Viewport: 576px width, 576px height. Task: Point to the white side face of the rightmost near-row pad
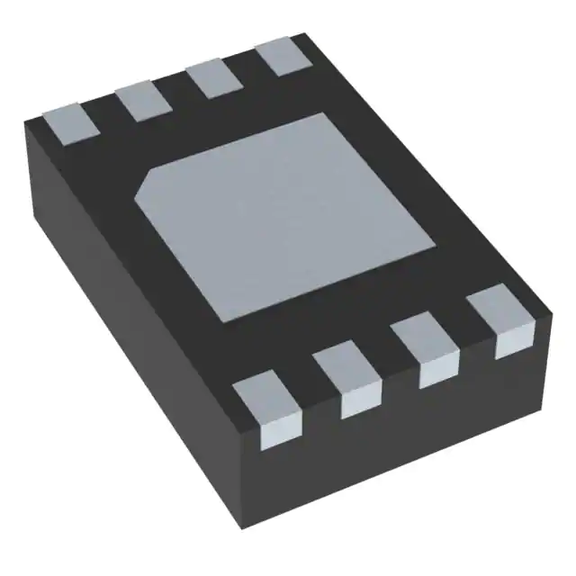tap(513, 342)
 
